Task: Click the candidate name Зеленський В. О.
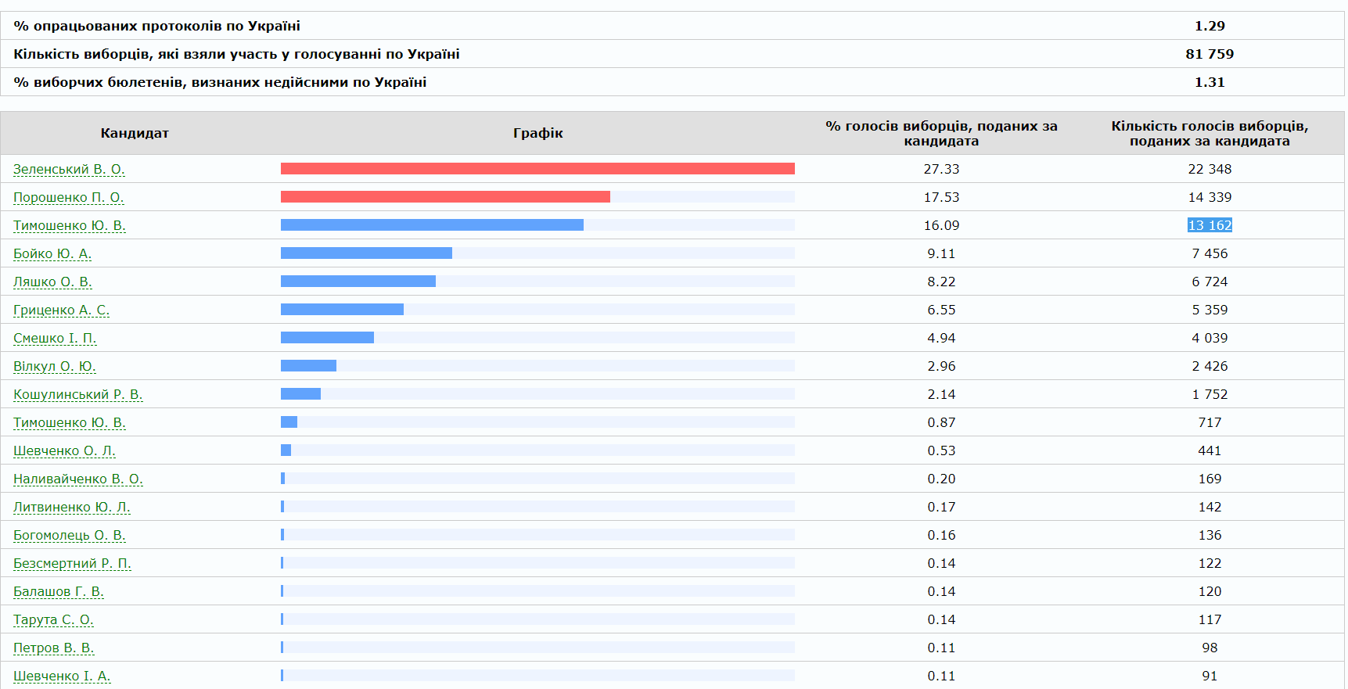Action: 69,169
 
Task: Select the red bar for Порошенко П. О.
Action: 445,197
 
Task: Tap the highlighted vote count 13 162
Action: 1210,225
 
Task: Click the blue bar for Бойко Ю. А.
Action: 366,253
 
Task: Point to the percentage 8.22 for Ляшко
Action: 941,282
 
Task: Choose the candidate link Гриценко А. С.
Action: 61,310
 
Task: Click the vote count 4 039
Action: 1210,338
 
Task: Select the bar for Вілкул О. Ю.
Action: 308,366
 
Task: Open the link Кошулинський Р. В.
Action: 78,394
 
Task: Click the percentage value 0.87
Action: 941,422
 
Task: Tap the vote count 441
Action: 1210,450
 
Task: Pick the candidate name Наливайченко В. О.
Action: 78,479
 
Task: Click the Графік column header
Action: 538,133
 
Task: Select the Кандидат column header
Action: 135,133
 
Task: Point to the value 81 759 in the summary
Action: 1210,54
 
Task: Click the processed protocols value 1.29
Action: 1210,26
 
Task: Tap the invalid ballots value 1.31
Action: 1210,82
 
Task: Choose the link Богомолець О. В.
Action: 70,535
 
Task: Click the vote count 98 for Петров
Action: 1210,648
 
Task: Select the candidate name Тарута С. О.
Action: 53,619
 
